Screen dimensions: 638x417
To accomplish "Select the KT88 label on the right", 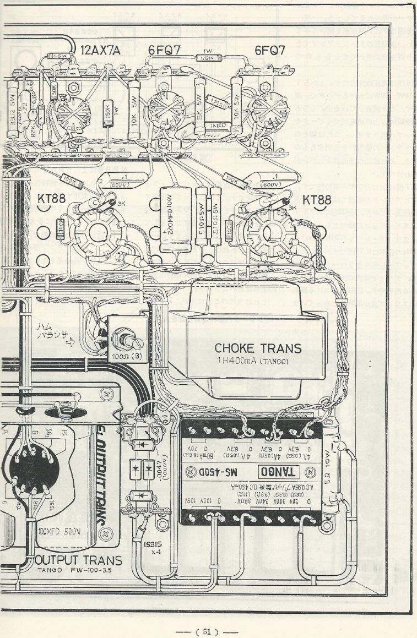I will [x=317, y=199].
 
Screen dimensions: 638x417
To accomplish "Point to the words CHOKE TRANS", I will [x=258, y=348].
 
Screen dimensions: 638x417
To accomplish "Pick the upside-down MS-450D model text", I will [x=237, y=472].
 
